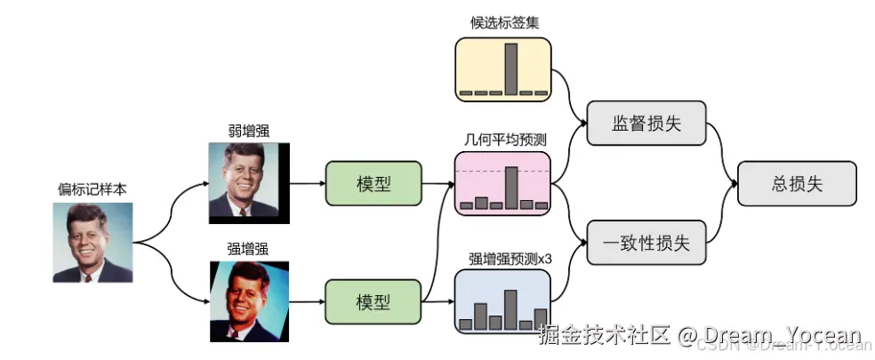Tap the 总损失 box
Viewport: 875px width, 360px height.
797,184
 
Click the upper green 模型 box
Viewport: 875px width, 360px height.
373,185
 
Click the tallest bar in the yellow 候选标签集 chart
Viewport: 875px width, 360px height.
510,68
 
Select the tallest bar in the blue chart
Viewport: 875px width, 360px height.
510,308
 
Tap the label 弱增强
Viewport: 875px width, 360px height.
248,131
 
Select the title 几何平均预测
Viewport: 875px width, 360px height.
505,140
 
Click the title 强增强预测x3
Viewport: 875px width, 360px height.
505,259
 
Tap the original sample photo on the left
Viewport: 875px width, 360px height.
92,242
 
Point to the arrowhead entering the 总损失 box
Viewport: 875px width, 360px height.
733,184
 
